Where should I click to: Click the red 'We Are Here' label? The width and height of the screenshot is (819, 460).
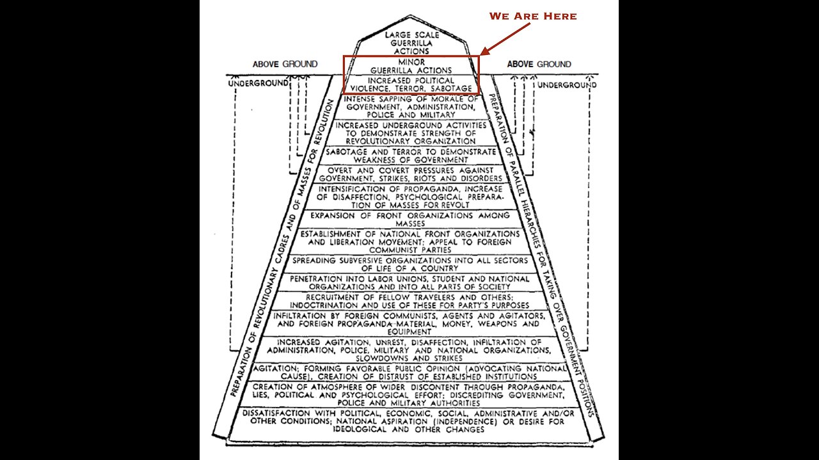tap(533, 16)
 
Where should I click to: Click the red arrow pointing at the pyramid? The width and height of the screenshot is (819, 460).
tap(505, 39)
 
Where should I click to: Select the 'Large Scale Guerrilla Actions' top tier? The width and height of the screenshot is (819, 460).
tap(411, 42)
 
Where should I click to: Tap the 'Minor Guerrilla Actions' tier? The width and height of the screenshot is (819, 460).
tap(411, 66)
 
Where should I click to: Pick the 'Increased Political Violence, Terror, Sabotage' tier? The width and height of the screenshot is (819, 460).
tap(411, 84)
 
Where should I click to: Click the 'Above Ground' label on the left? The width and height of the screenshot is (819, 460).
tap(285, 64)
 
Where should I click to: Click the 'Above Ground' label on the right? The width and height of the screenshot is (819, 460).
tap(539, 64)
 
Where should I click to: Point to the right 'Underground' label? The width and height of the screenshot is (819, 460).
tap(566, 84)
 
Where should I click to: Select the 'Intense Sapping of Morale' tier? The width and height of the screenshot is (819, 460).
tap(411, 106)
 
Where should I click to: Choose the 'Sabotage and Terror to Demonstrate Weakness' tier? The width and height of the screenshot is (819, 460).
tap(411, 155)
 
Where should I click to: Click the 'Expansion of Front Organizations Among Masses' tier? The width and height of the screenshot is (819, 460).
tap(411, 219)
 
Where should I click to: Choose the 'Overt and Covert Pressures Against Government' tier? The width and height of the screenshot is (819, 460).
tap(411, 174)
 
